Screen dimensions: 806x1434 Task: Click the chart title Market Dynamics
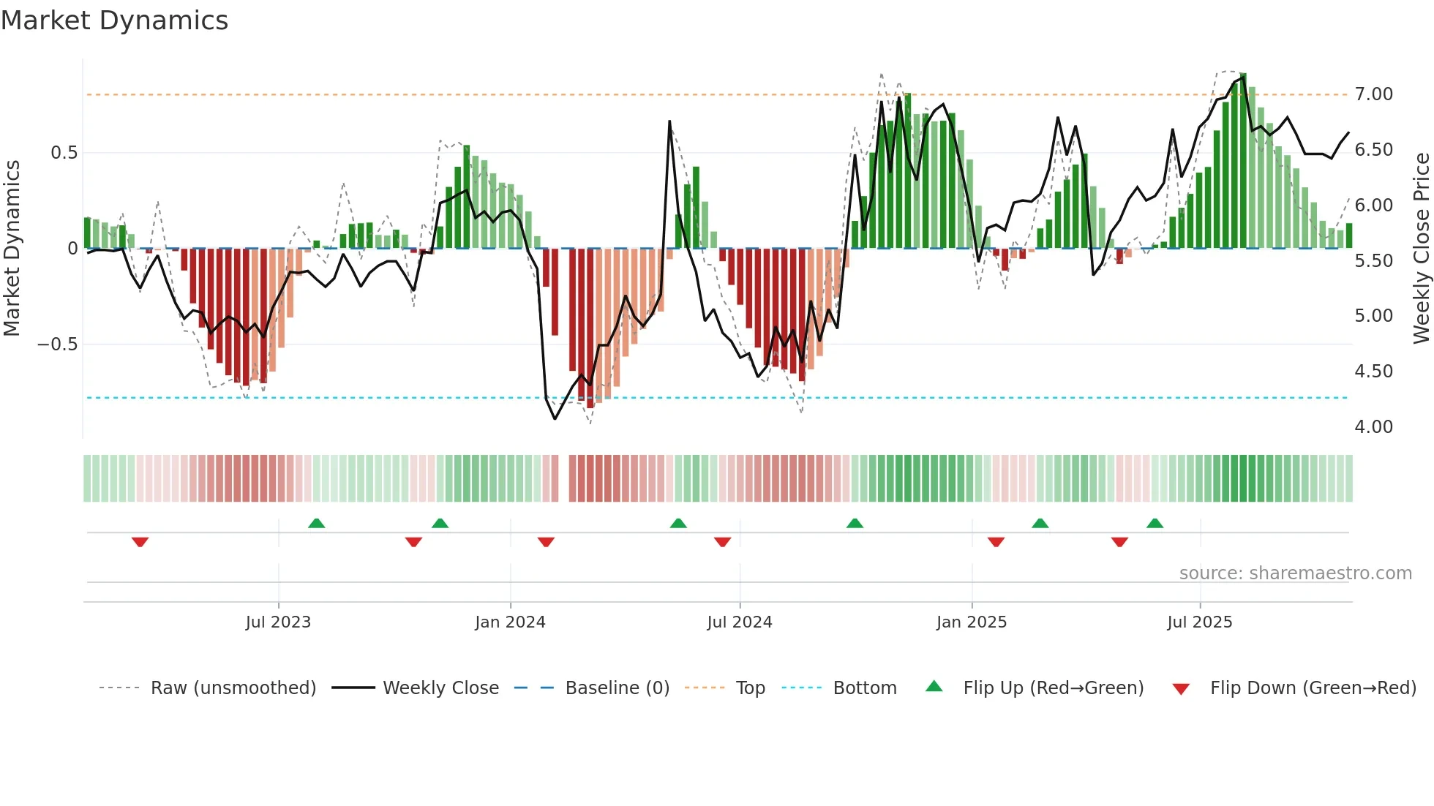114,20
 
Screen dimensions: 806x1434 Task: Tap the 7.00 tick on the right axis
1373,94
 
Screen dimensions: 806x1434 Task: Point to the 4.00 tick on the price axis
1373,427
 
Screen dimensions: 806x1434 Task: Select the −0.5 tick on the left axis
57,344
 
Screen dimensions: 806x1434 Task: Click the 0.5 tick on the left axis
64,153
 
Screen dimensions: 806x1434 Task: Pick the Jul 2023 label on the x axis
278,622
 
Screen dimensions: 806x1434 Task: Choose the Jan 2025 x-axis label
971,622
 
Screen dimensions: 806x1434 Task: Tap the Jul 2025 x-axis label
1199,622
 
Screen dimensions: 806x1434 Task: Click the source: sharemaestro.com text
1295,573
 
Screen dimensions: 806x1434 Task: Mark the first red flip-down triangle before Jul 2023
140,542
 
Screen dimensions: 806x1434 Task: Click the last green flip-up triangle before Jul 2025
1155,523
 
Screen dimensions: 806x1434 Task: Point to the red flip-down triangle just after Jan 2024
546,542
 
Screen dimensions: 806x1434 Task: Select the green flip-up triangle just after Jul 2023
316,523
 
